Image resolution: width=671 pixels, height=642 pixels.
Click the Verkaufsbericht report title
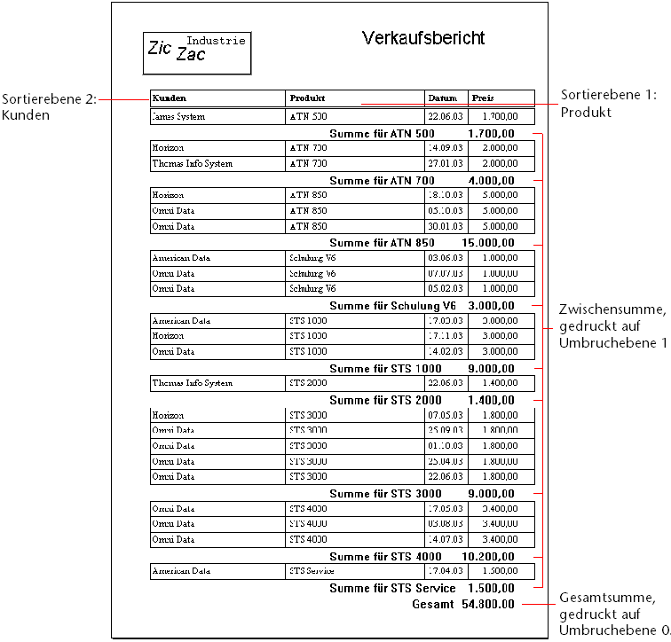pos(423,38)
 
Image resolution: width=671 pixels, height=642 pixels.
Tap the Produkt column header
pos(306,98)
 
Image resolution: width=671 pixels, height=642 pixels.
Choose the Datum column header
pos(442,98)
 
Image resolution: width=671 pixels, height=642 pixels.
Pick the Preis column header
pos(483,98)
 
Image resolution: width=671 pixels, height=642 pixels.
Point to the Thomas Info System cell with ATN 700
pos(192,163)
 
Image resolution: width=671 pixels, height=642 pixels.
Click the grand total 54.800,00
pos(487,604)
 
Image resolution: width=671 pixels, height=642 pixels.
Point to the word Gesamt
pos(433,604)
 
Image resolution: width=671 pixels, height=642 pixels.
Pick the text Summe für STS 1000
pos(385,368)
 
